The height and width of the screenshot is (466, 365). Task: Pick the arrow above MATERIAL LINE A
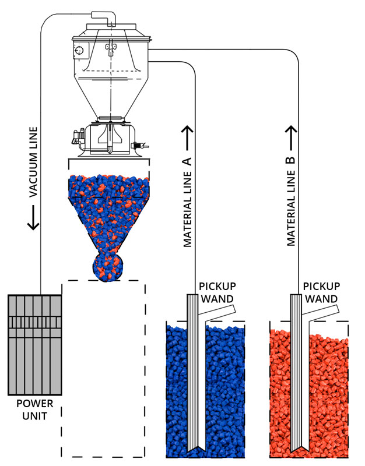tap(188, 135)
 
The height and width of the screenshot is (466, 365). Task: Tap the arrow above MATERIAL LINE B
tap(292, 135)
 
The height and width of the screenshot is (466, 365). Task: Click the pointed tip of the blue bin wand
tap(194, 451)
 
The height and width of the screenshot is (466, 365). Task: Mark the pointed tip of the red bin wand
tap(298, 451)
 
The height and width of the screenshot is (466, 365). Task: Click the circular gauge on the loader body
tap(78, 52)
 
